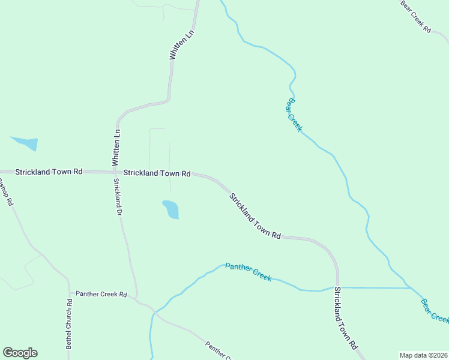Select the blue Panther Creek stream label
[x=249, y=272]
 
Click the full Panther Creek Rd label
[x=101, y=295]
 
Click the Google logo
[x=20, y=353]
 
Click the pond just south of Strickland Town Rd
[x=171, y=209]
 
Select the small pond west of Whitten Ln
[x=25, y=143]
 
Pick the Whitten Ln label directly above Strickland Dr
[x=116, y=148]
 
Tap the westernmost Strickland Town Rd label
[x=49, y=172]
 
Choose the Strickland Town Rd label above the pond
[x=157, y=173]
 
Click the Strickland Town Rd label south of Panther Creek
[x=346, y=319]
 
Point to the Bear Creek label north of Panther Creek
[x=294, y=115]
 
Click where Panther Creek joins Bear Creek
[x=411, y=288]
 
